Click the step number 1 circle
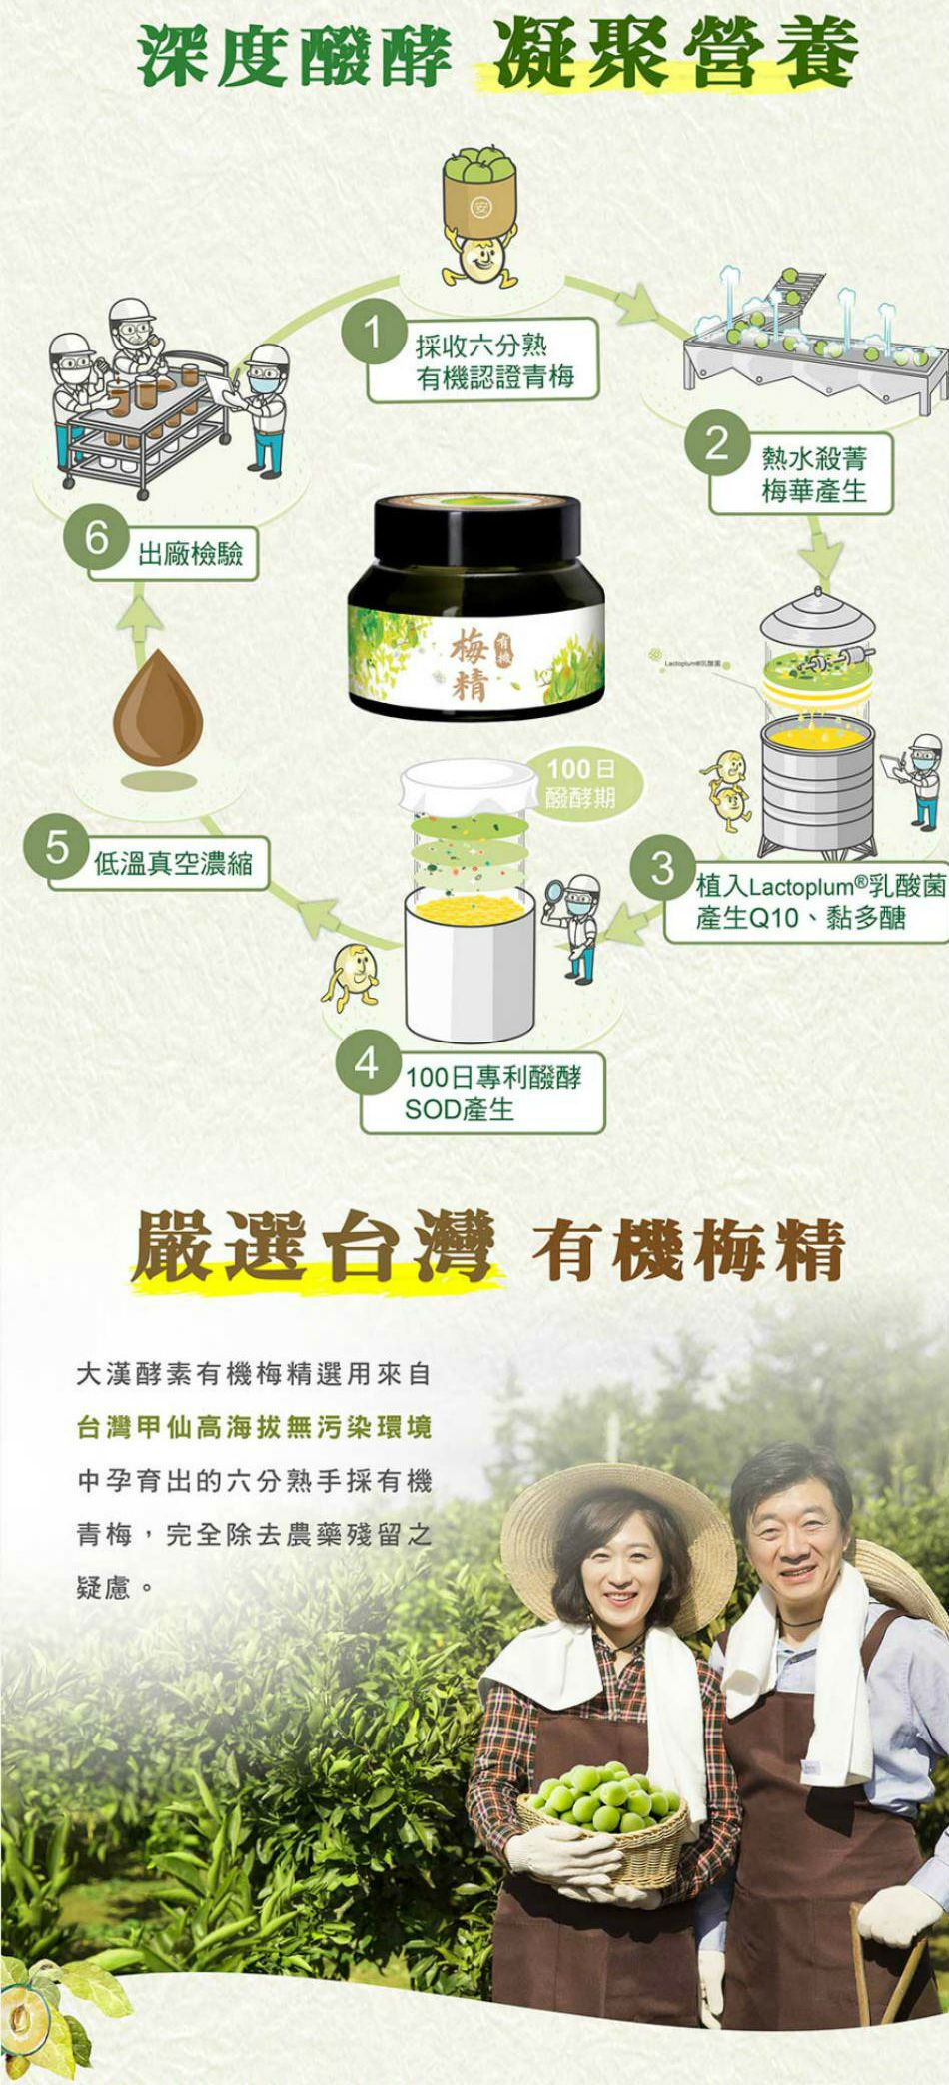point(372,333)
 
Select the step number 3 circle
point(662,867)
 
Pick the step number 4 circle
point(368,1063)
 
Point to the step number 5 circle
point(58,847)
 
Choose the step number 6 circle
point(96,538)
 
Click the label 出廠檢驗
point(190,554)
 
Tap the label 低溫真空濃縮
point(173,863)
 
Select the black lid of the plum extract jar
point(477,528)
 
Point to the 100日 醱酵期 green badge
point(580,782)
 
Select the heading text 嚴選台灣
point(313,1247)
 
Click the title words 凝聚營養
point(677,53)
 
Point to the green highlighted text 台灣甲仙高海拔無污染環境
point(254,1427)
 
